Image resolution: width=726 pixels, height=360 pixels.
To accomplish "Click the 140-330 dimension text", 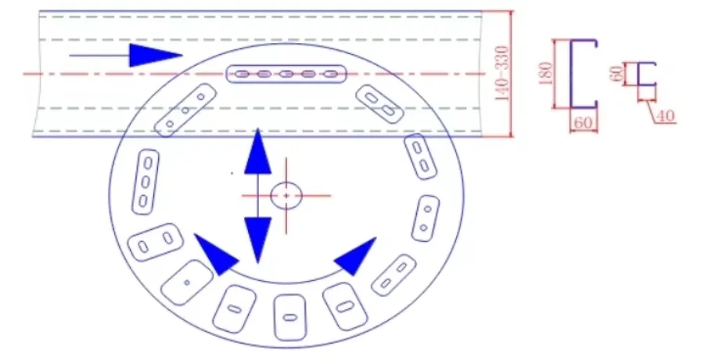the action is pyautogui.click(x=501, y=74).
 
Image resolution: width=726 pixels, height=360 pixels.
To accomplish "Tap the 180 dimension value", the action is pyautogui.click(x=546, y=74).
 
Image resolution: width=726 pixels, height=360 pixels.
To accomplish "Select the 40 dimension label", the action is pyautogui.click(x=666, y=116).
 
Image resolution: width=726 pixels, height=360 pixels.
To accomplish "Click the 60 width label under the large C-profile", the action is pyautogui.click(x=584, y=123).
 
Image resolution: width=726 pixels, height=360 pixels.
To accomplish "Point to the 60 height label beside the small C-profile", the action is pyautogui.click(x=616, y=74).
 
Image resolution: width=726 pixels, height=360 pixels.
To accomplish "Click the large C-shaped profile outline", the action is pyautogui.click(x=571, y=74).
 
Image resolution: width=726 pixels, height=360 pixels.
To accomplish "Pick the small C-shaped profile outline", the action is pyautogui.click(x=639, y=74).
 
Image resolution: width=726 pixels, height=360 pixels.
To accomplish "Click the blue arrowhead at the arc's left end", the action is pyautogui.click(x=215, y=254).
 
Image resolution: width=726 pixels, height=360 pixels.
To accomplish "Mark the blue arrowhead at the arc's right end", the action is pyautogui.click(x=356, y=256).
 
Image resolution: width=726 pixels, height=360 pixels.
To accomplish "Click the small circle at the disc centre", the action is pyautogui.click(x=286, y=196).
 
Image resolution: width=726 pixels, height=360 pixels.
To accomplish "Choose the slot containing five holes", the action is pyautogui.click(x=286, y=74).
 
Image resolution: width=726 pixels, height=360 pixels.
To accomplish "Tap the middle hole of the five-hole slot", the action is pyautogui.click(x=286, y=74).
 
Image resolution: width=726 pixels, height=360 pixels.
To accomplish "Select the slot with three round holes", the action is pyautogui.click(x=185, y=110).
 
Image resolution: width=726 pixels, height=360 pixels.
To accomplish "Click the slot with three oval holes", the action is pyautogui.click(x=146, y=182).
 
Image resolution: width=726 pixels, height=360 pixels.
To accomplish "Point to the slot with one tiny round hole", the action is pyautogui.click(x=187, y=283).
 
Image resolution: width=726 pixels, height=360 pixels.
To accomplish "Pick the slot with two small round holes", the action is pyautogui.click(x=426, y=218).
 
